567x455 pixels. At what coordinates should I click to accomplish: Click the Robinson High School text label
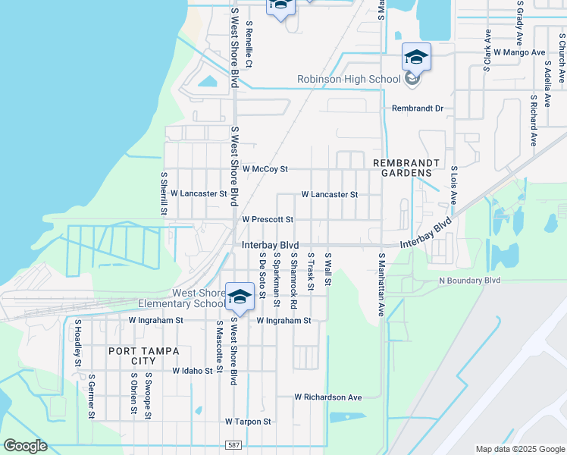(x=349, y=79)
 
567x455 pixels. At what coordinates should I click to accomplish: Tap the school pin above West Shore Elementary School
(x=240, y=297)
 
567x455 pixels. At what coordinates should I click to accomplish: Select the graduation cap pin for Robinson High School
(x=415, y=57)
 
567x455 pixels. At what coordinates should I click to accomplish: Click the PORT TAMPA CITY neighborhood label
(x=144, y=356)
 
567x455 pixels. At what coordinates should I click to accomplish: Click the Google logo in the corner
(x=26, y=446)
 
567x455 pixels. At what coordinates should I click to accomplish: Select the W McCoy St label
(x=265, y=168)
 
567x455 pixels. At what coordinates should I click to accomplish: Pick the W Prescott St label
(x=268, y=219)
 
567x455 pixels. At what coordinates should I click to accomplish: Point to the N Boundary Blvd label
(x=470, y=280)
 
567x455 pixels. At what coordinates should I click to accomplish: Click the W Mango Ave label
(x=519, y=52)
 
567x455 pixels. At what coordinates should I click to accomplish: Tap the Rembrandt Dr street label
(x=417, y=108)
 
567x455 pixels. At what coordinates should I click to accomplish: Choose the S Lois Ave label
(x=453, y=186)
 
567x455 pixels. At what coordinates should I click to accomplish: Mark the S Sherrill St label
(x=163, y=193)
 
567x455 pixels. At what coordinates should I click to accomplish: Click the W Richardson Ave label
(x=328, y=397)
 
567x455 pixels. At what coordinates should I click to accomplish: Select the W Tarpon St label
(x=248, y=421)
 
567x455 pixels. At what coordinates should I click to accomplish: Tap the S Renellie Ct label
(x=249, y=43)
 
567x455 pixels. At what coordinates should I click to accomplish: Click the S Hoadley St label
(x=77, y=344)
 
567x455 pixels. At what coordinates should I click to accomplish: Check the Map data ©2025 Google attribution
(x=518, y=449)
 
